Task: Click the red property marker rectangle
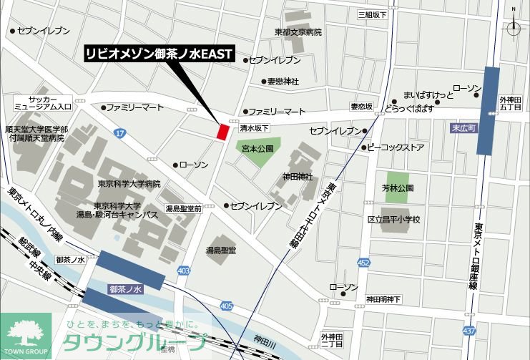222,132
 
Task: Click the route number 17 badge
119,134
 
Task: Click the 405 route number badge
227,306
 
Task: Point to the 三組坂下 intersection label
373,14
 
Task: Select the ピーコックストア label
396,147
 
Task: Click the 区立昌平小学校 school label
393,219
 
